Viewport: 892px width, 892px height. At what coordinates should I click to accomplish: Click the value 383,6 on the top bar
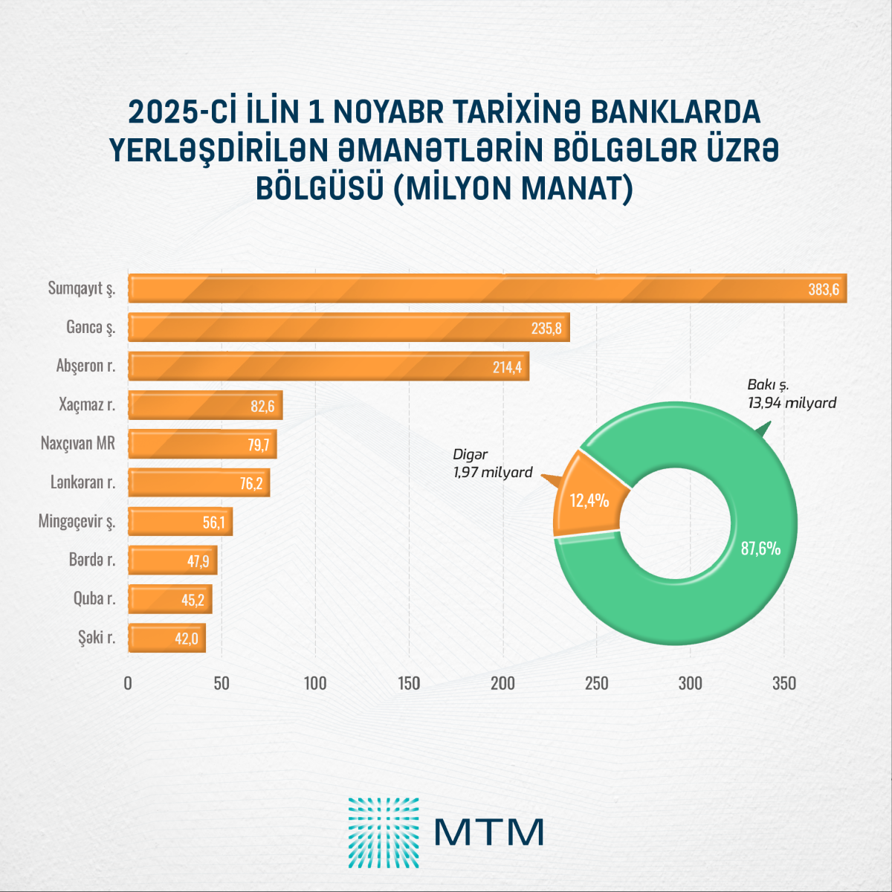click(824, 289)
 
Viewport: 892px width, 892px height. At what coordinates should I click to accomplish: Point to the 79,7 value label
click(258, 445)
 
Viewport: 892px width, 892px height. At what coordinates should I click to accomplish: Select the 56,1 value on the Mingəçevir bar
click(213, 523)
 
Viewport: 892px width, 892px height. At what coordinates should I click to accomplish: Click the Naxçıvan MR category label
click(78, 444)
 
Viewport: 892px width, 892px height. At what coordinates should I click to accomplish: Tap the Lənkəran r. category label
click(83, 482)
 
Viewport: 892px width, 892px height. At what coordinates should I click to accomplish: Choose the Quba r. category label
click(94, 598)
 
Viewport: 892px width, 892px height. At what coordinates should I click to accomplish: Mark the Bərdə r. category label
click(92, 560)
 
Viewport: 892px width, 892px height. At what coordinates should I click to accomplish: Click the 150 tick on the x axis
click(409, 683)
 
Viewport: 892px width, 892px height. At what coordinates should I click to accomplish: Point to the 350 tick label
click(784, 683)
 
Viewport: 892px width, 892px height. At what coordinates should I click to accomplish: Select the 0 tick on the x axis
click(128, 683)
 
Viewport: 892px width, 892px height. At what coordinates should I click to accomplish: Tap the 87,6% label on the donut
click(760, 549)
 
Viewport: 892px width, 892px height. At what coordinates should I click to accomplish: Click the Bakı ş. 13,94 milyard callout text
click(792, 394)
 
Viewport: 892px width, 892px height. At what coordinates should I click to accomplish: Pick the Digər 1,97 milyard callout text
click(493, 463)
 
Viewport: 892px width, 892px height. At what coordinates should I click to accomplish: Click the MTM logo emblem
click(384, 833)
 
